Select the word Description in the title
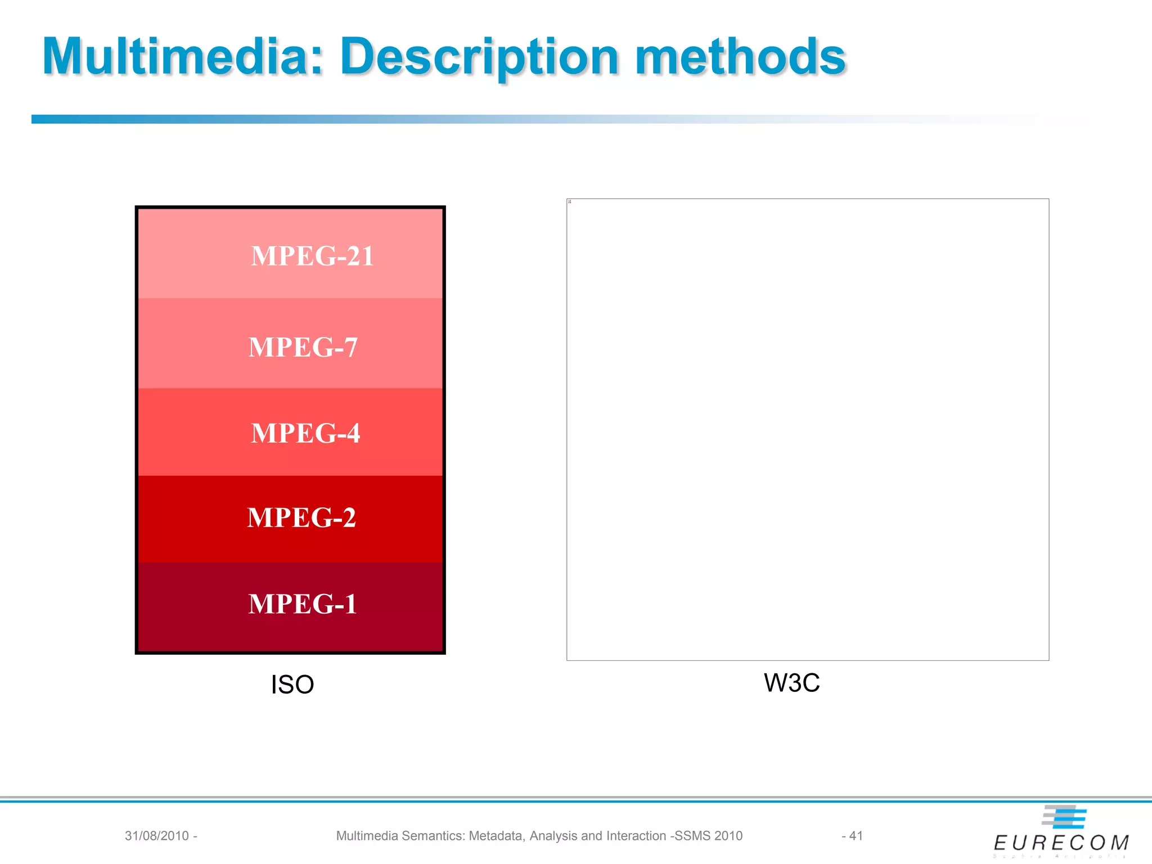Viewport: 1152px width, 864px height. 479,57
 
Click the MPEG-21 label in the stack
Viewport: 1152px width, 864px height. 312,256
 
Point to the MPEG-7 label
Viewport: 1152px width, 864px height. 303,347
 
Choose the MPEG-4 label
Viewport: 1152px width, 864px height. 305,433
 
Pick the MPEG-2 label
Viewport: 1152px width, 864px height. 301,517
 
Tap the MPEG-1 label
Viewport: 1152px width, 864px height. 303,604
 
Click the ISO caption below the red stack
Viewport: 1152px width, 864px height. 292,685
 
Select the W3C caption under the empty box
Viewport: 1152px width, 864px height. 791,683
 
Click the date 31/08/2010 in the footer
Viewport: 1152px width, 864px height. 156,836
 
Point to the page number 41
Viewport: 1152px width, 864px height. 856,836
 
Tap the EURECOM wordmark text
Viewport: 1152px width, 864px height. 1061,843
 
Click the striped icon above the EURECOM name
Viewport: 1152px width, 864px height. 1064,817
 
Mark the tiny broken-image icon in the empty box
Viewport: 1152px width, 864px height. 569,201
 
